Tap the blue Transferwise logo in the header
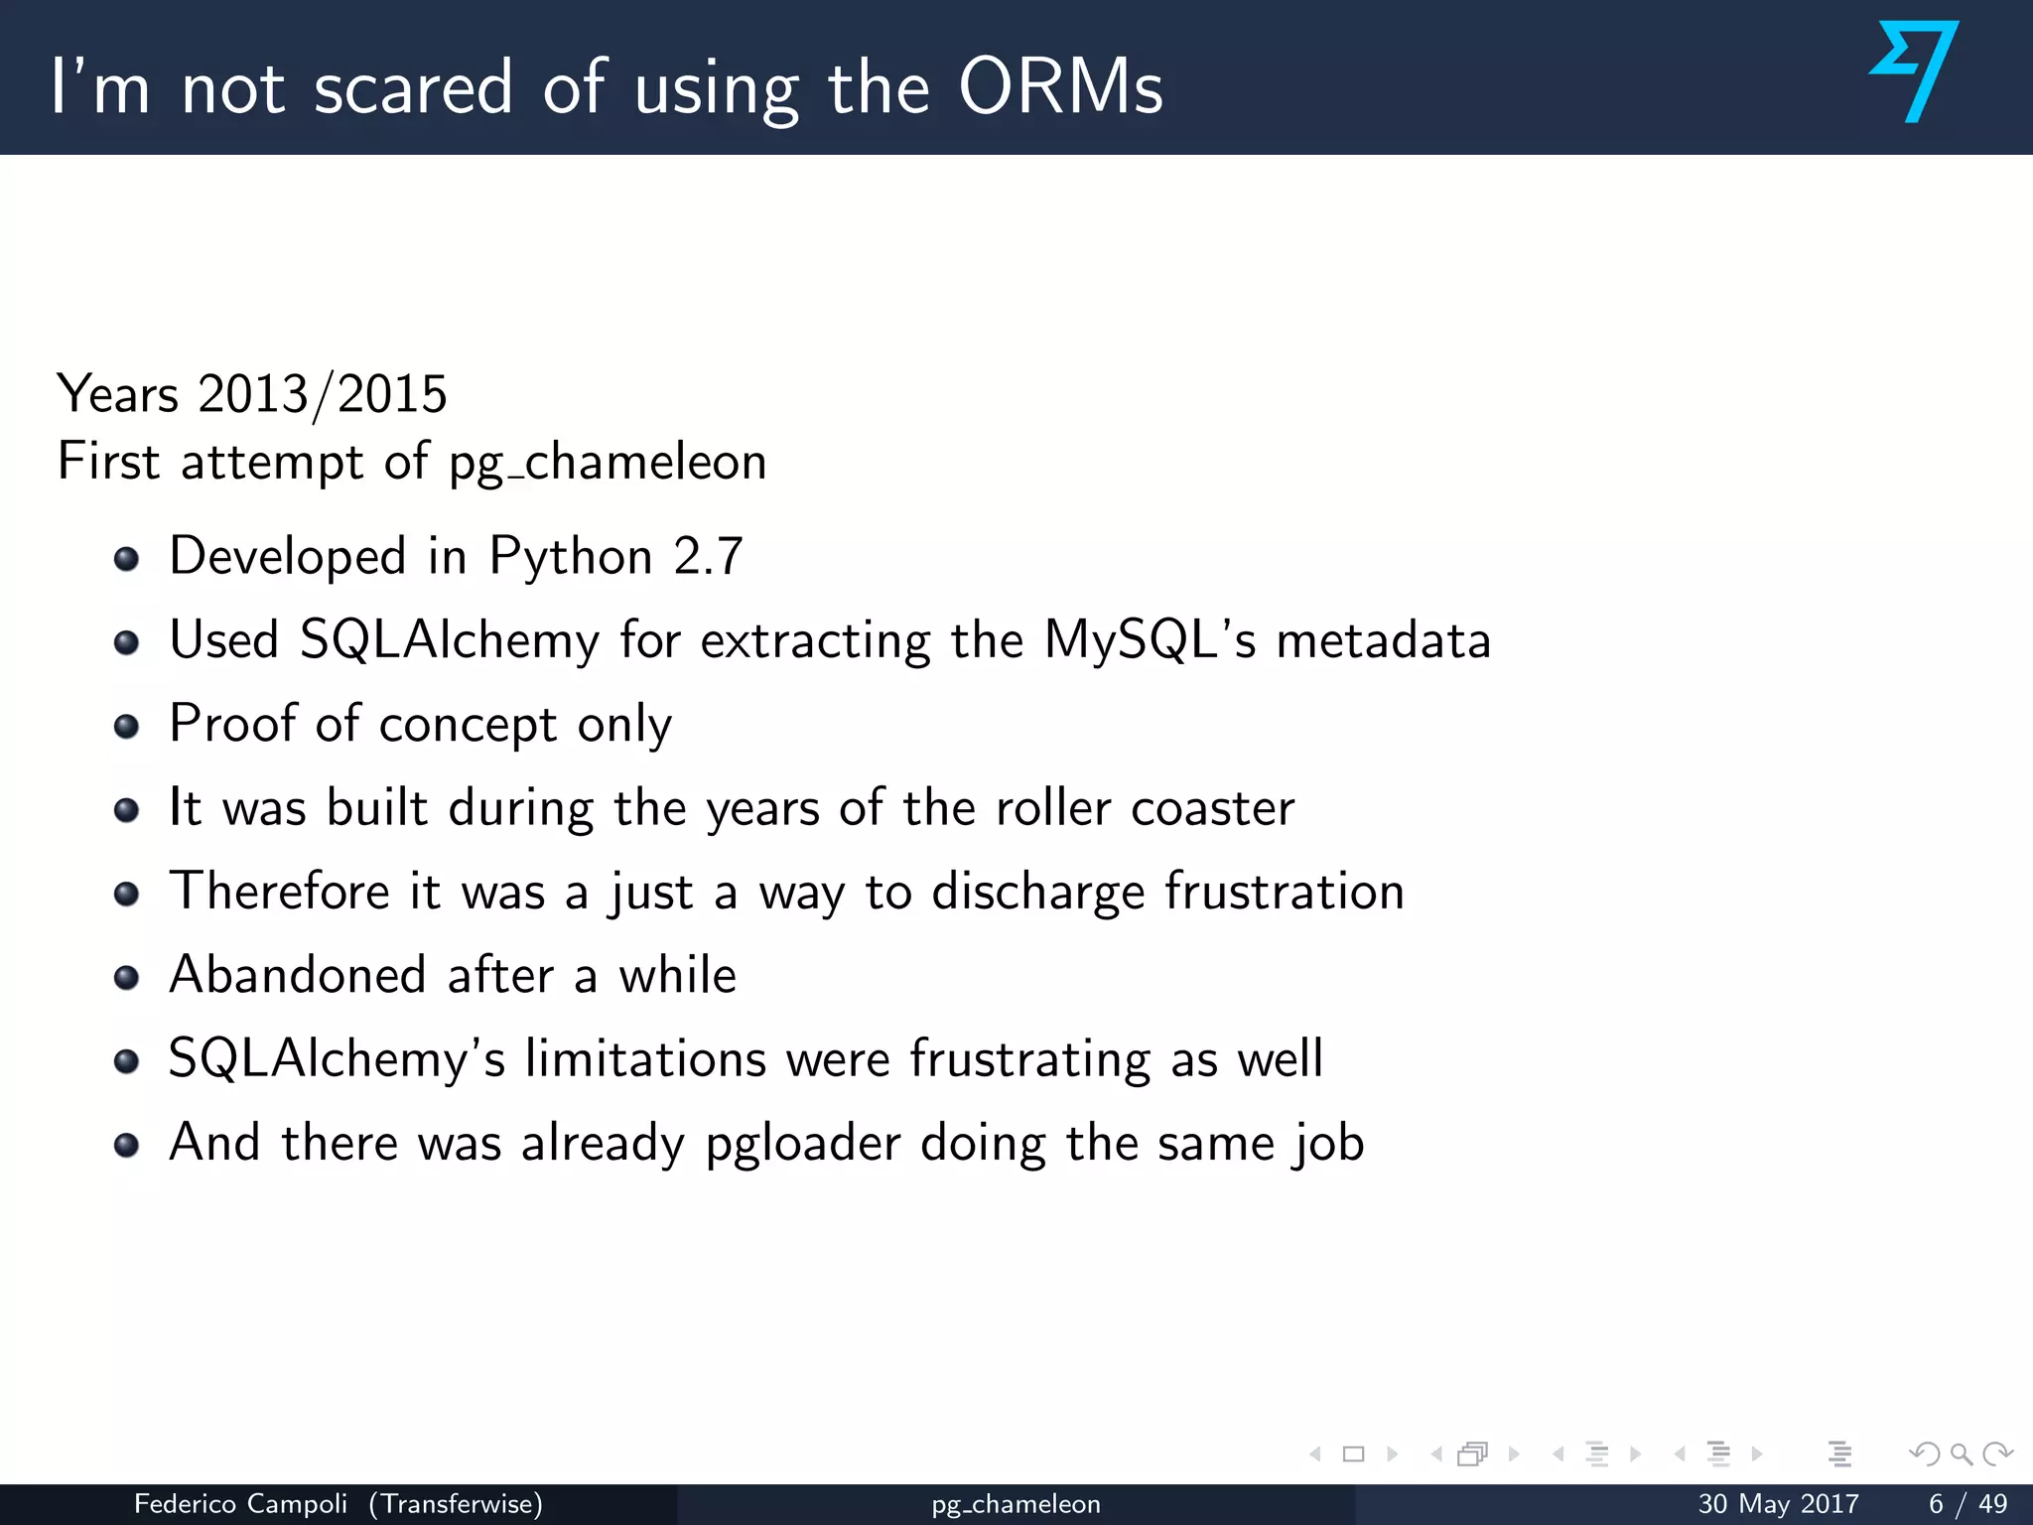click(x=1915, y=71)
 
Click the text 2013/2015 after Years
click(x=323, y=394)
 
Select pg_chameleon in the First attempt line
click(x=608, y=463)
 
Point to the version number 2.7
click(x=708, y=556)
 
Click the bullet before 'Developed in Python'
click(x=126, y=559)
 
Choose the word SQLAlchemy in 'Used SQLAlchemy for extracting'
click(x=450, y=640)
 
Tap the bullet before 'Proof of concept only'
click(x=126, y=727)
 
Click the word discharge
click(x=1038, y=892)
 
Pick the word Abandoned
click(x=298, y=975)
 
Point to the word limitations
click(x=645, y=1058)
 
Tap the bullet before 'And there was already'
click(x=126, y=1146)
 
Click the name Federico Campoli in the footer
click(x=240, y=1504)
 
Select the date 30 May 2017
click(x=1778, y=1504)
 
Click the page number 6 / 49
click(x=1967, y=1504)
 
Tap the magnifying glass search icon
click(x=1961, y=1455)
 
